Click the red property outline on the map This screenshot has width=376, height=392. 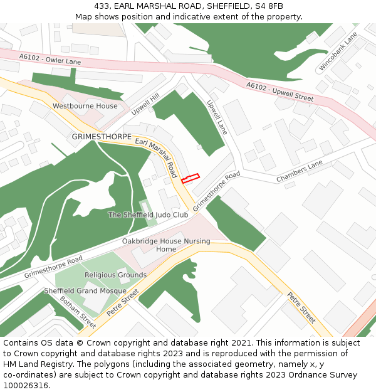point(190,178)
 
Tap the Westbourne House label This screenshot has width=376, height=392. point(85,106)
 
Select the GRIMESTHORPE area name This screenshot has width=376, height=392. point(102,136)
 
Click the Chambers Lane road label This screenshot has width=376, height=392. point(300,171)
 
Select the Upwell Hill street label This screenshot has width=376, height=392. point(145,103)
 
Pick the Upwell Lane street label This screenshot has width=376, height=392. point(217,117)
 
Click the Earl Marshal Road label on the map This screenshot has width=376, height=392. point(157,157)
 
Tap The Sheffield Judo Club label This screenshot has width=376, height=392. point(148,215)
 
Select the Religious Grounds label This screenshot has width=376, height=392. point(115,275)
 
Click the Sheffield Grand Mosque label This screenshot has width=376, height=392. point(85,291)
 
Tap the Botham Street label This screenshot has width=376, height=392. point(78,312)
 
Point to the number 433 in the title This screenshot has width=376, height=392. point(102,6)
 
